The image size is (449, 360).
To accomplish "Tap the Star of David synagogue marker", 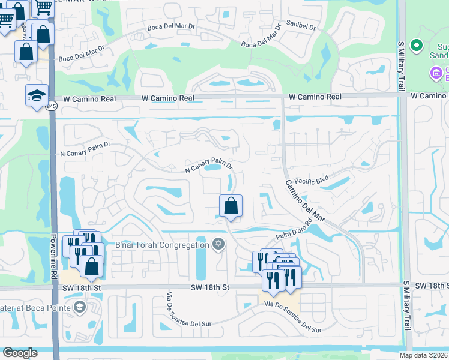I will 218,244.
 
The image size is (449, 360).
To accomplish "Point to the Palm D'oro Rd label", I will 294,230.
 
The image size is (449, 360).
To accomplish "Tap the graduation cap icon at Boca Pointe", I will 79,308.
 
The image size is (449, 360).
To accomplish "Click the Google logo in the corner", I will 20,353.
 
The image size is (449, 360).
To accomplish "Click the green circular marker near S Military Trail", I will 415,46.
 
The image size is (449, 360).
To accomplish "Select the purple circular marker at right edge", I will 435,73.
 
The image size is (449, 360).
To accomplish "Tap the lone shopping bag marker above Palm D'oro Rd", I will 231,206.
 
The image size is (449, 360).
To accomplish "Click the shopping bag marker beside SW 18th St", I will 91,266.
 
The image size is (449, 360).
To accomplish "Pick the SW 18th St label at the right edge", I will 431,286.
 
